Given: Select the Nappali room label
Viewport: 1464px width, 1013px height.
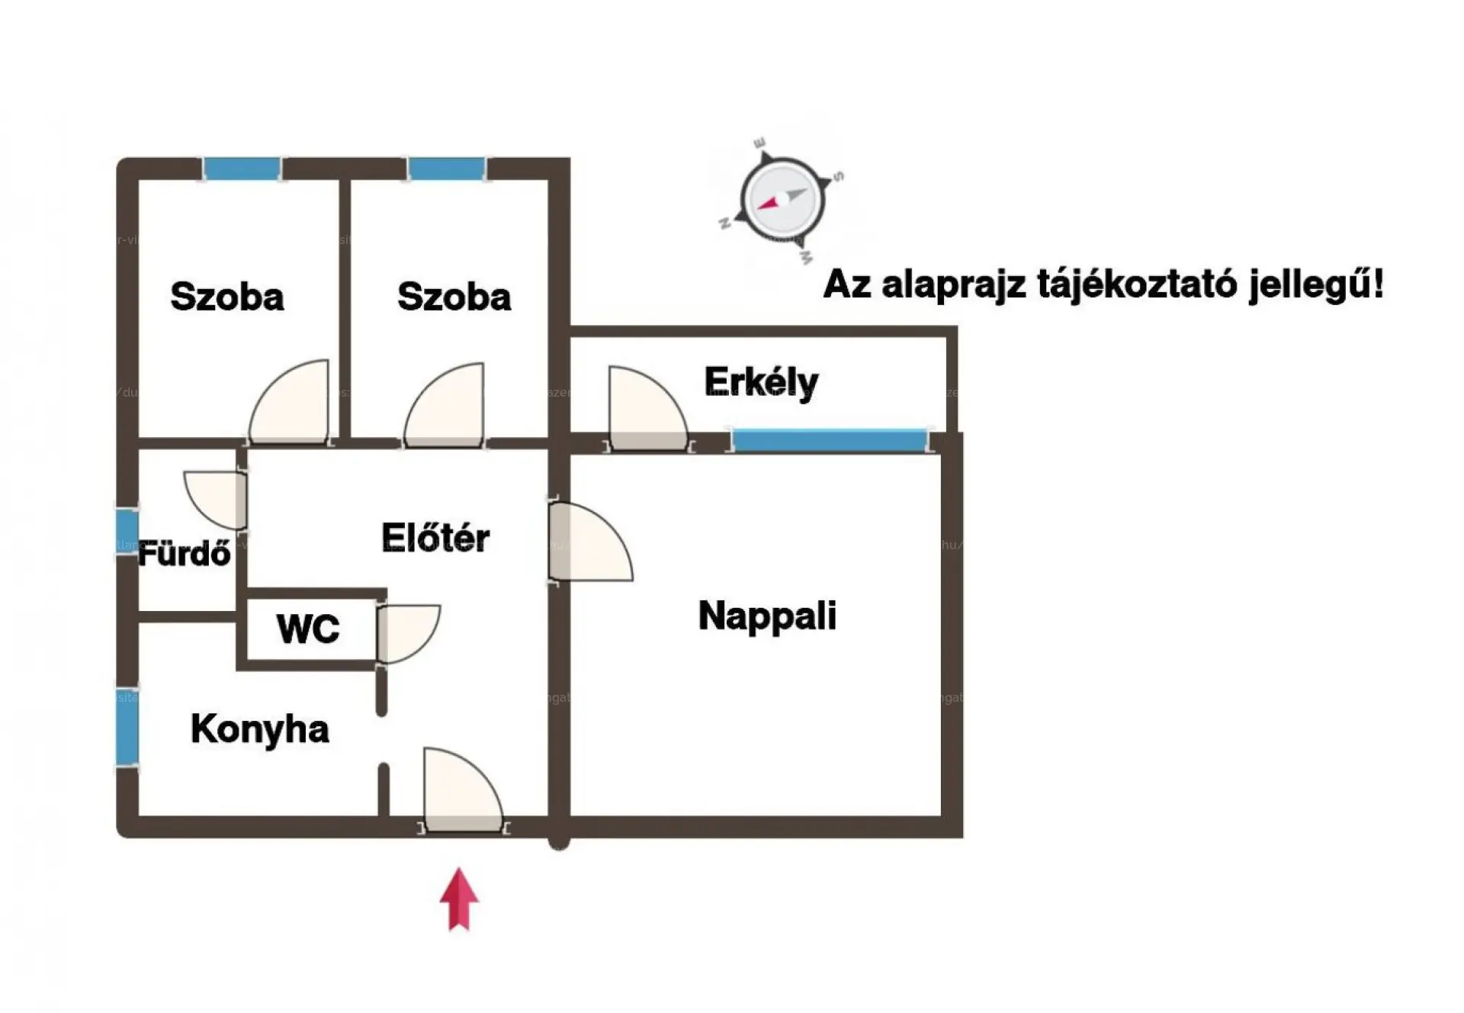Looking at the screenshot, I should click(767, 616).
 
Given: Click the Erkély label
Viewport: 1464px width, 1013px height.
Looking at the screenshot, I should click(761, 382).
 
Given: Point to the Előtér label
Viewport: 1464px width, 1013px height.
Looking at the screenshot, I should click(435, 538).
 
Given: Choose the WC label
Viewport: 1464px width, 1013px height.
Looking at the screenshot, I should click(308, 629).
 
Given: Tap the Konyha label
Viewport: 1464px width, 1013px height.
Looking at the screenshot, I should click(260, 729).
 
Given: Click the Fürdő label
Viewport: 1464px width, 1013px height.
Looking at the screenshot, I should click(185, 554).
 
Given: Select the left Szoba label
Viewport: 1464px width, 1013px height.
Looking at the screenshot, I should click(227, 297).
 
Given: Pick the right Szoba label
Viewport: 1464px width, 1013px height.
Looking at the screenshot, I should click(454, 297).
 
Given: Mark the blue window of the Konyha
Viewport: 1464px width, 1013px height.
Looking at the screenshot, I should click(127, 726).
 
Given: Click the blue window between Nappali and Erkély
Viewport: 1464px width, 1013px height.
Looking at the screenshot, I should click(830, 441).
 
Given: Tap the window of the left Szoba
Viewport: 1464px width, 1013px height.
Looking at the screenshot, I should click(242, 169).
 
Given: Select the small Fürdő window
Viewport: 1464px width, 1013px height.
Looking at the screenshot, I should click(127, 532).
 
